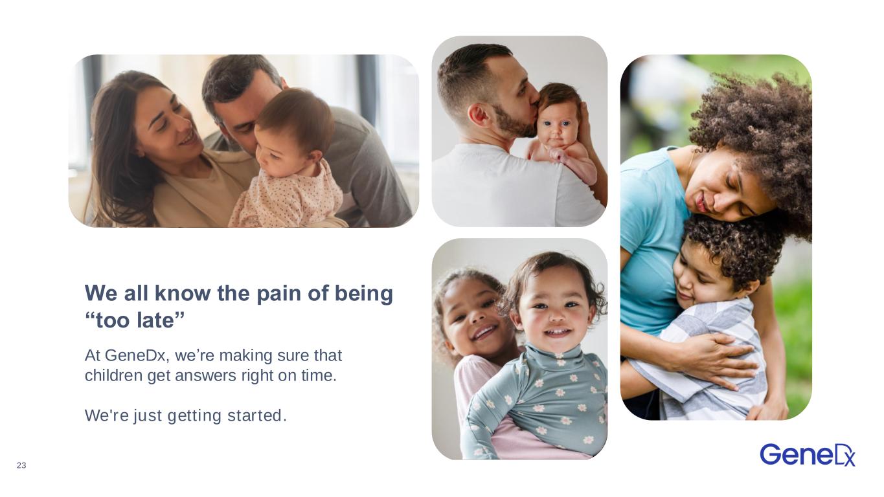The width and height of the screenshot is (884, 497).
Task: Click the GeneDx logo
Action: (807, 455)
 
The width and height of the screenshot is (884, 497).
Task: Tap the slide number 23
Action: (21, 465)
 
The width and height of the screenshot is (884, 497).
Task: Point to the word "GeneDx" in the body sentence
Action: (137, 355)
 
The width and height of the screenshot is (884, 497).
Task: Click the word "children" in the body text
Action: (114, 375)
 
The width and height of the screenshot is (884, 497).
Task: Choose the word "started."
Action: (257, 415)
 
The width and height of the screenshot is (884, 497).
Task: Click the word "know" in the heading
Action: (183, 293)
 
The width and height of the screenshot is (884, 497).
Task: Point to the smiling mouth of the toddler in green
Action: (556, 332)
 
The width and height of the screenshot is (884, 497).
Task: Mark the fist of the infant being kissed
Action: (557, 153)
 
